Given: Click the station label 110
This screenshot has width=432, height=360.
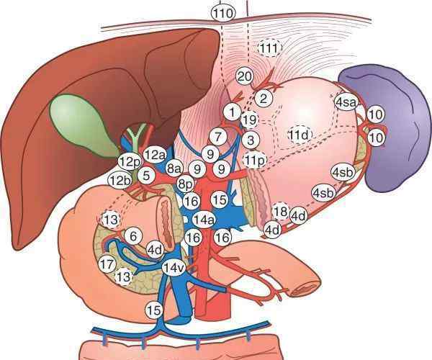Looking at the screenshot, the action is coord(223,13).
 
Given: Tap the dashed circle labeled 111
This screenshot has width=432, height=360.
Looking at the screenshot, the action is coord(270,48).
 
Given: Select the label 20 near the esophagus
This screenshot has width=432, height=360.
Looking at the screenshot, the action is coord(245,76).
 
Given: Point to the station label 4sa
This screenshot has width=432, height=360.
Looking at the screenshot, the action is coord(346,102).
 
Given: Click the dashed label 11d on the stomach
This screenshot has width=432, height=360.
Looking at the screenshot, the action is coord(300,135).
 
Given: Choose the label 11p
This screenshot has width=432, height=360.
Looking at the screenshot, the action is coord(255,160).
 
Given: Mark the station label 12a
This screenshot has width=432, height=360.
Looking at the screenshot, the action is coord(155,155).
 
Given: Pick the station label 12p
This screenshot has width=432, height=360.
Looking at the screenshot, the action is coord(130,163).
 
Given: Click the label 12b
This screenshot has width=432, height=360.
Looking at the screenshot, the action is coord(120,181).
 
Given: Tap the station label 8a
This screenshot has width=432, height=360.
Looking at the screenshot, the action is coord(174,168).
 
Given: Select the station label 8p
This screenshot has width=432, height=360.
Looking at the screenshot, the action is coord(186,184).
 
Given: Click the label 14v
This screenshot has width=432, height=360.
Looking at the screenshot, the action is coord(174,267).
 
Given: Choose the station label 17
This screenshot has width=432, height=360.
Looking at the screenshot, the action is coord(107,264).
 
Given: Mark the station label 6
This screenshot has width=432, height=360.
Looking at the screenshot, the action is coord(133,236).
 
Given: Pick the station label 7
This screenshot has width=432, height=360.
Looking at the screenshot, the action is coord(218,137).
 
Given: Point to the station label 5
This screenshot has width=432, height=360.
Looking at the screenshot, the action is coord(146,176).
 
